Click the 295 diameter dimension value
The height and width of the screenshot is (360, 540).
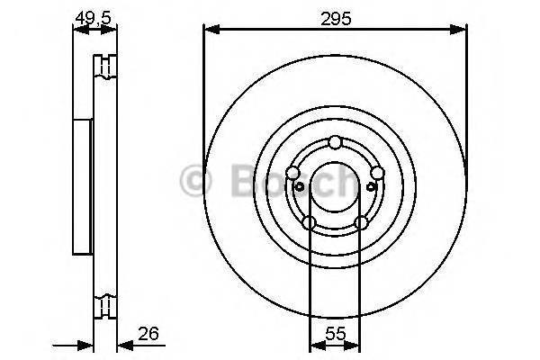click(x=336, y=16)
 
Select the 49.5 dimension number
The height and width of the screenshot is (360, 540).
click(x=94, y=16)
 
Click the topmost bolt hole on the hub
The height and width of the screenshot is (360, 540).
click(x=336, y=141)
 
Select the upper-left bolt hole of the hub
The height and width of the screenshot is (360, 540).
click(x=292, y=174)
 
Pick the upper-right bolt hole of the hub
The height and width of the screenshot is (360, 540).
click(x=378, y=174)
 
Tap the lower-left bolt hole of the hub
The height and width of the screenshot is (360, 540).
click(x=309, y=222)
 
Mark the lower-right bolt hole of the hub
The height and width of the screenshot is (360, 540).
click(x=362, y=222)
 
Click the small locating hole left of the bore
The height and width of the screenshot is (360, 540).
click(x=298, y=186)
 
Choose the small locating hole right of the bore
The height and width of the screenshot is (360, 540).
click(x=373, y=186)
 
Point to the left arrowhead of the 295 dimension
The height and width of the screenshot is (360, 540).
click(x=210, y=31)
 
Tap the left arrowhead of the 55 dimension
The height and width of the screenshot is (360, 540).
click(x=314, y=345)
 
